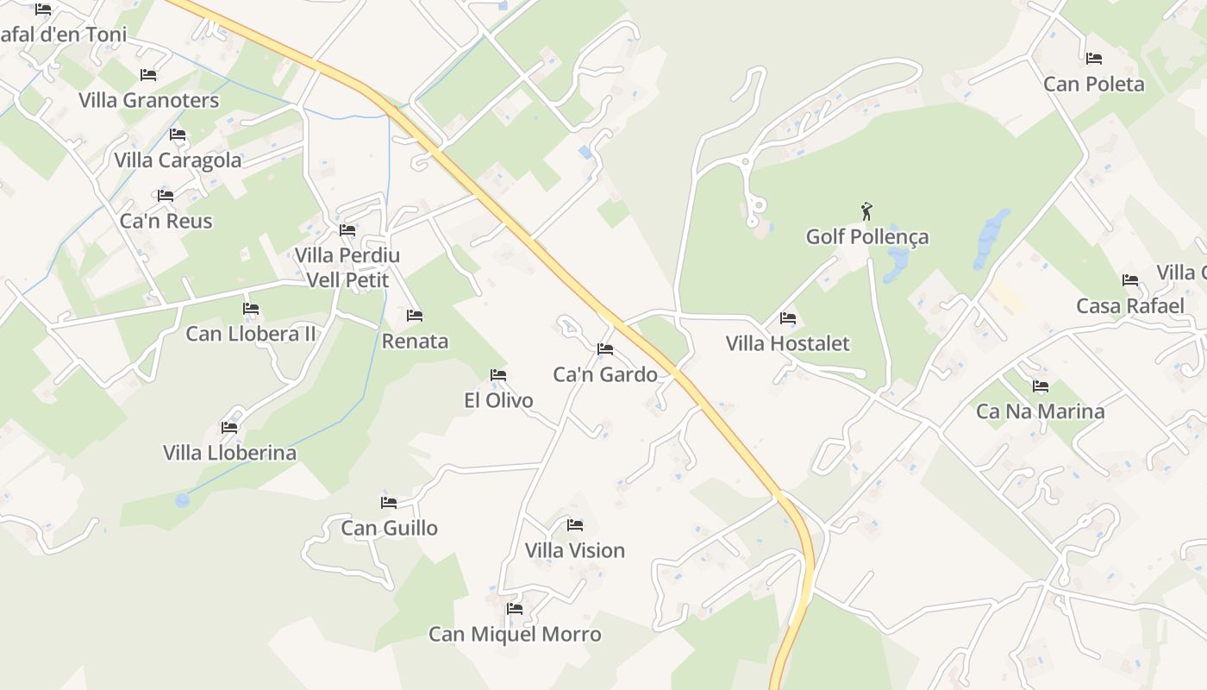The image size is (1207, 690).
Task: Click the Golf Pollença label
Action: point(867,236)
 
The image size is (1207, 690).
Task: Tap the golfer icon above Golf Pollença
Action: point(866,210)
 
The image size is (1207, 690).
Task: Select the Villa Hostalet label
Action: point(787,343)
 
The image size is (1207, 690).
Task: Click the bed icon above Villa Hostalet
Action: point(788,317)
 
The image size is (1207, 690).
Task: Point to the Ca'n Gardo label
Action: point(605,374)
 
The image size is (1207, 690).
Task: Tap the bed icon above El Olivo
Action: point(498,375)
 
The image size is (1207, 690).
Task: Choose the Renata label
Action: point(415,341)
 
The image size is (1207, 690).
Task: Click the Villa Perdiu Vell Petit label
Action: point(347,267)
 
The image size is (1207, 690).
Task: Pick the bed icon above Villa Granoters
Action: point(148,75)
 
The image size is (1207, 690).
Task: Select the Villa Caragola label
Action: point(178,160)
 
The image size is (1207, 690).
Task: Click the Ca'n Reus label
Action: point(166,221)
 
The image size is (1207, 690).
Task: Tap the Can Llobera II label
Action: point(251,334)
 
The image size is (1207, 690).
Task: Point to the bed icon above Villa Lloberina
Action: point(229,427)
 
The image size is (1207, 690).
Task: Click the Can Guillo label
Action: point(389,528)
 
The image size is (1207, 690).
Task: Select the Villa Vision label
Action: point(575,550)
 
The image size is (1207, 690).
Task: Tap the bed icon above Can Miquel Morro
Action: point(515,609)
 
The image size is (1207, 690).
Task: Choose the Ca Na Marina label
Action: point(1040,411)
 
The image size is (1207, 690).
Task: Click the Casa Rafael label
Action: point(1129,306)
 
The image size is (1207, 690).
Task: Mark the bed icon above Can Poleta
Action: point(1094,59)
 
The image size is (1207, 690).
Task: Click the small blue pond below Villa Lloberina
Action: point(182,500)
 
